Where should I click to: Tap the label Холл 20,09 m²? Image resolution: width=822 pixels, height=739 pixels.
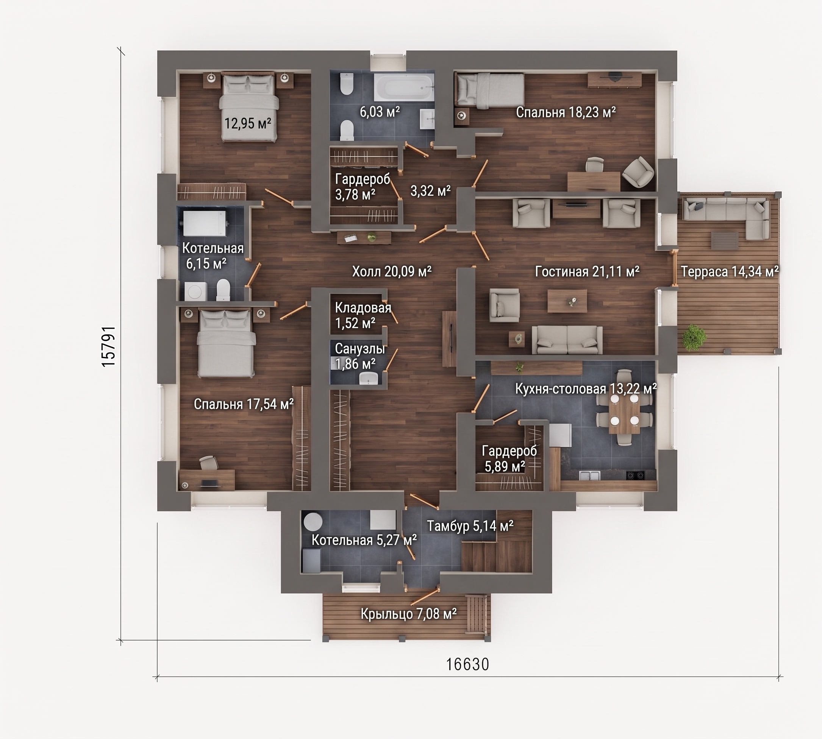(x=392, y=271)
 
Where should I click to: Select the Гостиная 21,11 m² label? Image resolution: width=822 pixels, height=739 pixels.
(x=587, y=271)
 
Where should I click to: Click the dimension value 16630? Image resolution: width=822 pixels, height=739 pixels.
(x=468, y=664)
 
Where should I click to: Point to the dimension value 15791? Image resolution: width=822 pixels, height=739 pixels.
(x=109, y=346)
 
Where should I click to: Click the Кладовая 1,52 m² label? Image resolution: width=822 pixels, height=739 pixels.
(x=363, y=315)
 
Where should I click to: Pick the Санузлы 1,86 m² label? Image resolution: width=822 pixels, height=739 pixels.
(x=360, y=356)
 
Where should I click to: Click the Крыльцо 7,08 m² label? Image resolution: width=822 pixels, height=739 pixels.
(x=408, y=614)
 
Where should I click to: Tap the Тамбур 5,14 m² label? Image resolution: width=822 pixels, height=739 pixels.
(x=470, y=526)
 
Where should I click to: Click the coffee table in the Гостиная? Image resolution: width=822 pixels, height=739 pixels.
(x=567, y=301)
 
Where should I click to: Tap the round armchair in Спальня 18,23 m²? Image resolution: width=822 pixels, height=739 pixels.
(x=638, y=172)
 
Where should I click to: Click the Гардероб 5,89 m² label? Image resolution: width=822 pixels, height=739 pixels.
(x=509, y=458)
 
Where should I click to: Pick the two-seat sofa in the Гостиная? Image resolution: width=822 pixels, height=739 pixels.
(x=567, y=340)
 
